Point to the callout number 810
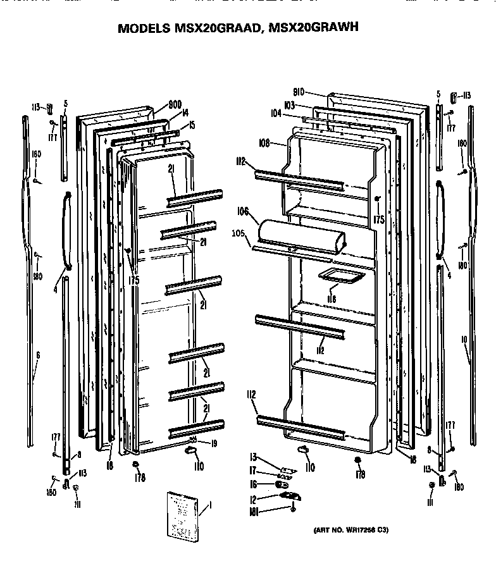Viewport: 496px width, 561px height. click(300, 90)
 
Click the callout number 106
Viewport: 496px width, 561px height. click(243, 212)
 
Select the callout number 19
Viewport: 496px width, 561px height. click(213, 443)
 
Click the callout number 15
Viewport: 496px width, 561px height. click(191, 125)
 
